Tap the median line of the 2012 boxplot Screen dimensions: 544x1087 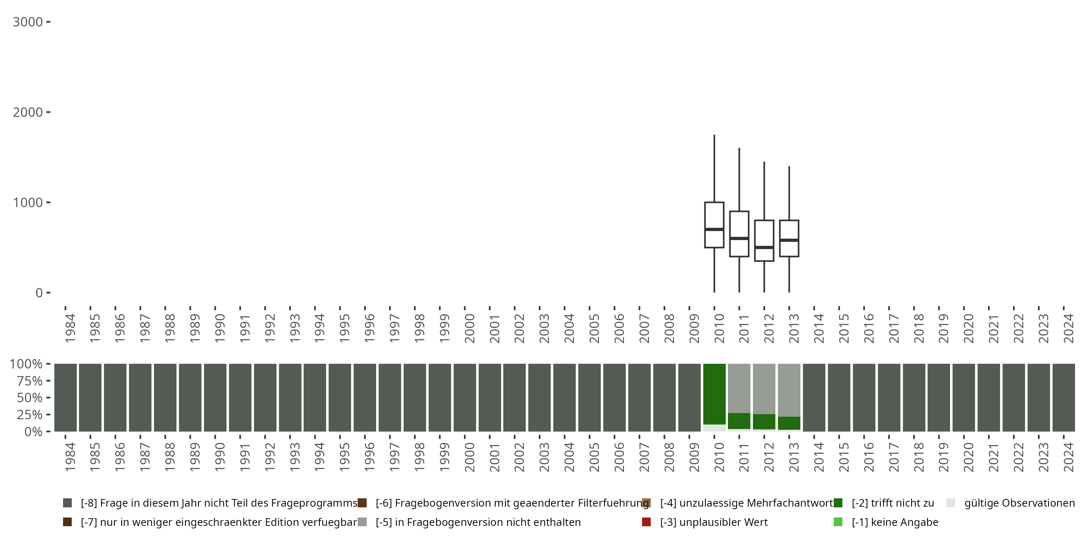[x=764, y=247]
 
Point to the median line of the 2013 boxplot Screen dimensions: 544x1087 [x=789, y=240]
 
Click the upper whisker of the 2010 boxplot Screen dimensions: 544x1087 [x=714, y=169]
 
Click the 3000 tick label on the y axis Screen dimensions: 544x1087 [x=28, y=22]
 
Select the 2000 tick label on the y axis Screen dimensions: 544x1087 [x=28, y=112]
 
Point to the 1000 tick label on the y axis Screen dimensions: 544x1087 [x=28, y=203]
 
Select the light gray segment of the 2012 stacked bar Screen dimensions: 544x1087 [x=764, y=388]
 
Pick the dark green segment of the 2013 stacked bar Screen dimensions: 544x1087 [x=789, y=423]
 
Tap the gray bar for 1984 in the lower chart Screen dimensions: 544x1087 [x=66, y=397]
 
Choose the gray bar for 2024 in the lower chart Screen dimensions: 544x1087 [x=1064, y=397]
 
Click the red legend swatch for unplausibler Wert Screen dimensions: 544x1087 [x=646, y=522]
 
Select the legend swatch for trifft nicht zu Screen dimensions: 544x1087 [x=838, y=503]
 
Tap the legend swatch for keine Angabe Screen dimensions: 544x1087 [x=838, y=522]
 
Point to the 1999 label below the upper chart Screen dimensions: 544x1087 [x=444, y=328]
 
